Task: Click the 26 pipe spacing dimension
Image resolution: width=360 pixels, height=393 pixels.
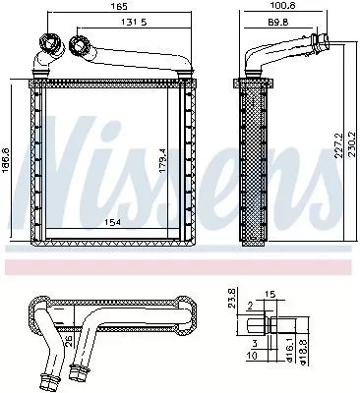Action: pyautogui.click(x=66, y=341)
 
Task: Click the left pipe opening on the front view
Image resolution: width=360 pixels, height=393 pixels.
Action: pyautogui.click(x=45, y=44)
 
